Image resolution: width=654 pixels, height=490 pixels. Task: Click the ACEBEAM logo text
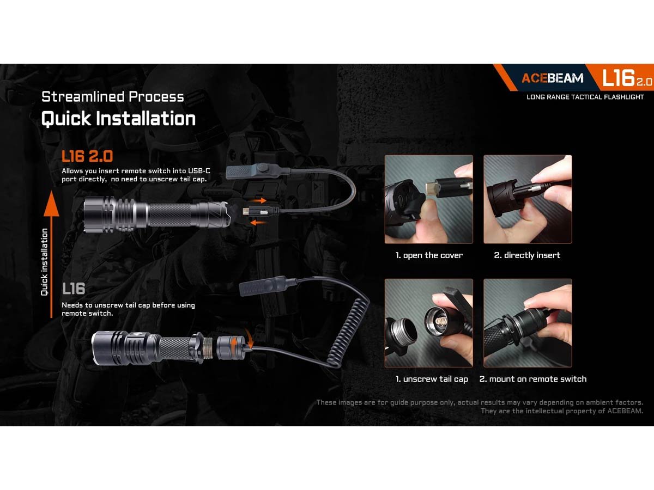click(x=553, y=78)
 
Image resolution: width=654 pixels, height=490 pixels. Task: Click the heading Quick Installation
click(x=118, y=119)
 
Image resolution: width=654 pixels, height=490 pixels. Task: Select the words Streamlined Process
click(x=113, y=97)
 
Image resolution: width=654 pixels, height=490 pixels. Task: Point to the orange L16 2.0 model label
click(x=87, y=156)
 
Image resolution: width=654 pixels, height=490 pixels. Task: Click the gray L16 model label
click(x=74, y=289)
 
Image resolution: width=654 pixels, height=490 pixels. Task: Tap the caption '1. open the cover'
click(x=429, y=255)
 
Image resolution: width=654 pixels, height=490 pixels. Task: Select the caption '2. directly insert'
click(x=527, y=255)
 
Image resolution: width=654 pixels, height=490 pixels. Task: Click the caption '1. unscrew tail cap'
click(x=432, y=379)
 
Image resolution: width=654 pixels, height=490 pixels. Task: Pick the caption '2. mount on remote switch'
click(x=532, y=379)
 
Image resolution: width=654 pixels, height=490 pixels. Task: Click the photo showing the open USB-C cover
click(x=429, y=199)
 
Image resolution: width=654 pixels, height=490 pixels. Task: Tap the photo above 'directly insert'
click(x=528, y=199)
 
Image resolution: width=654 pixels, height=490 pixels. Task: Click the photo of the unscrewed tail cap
click(x=429, y=323)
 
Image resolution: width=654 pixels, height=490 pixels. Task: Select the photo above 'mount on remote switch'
click(x=528, y=323)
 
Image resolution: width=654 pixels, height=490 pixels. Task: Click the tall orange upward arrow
click(x=51, y=254)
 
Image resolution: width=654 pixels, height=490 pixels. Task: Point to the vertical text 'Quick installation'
click(x=44, y=262)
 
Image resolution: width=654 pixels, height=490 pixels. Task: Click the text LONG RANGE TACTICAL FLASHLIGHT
click(x=585, y=97)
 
